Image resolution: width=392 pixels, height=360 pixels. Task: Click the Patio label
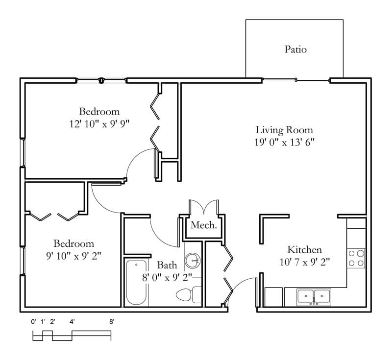pyautogui.click(x=295, y=49)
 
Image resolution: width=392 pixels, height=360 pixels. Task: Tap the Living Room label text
pyautogui.click(x=284, y=130)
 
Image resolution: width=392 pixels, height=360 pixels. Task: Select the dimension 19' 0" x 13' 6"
pyautogui.click(x=284, y=143)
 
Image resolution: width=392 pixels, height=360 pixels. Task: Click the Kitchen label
pyautogui.click(x=304, y=249)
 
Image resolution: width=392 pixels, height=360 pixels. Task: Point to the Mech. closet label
pyautogui.click(x=203, y=225)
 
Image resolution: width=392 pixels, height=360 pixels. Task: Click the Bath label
pyautogui.click(x=167, y=265)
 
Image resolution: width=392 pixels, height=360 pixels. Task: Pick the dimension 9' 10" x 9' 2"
pyautogui.click(x=74, y=256)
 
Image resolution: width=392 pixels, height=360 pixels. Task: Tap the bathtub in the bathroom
pyautogui.click(x=136, y=283)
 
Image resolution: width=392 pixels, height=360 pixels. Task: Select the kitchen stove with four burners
pyautogui.click(x=356, y=258)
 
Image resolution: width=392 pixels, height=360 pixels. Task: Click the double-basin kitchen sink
pyautogui.click(x=314, y=296)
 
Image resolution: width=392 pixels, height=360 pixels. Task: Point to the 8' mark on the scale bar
pyautogui.click(x=112, y=322)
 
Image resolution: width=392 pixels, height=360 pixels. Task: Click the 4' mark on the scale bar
pyautogui.click(x=72, y=322)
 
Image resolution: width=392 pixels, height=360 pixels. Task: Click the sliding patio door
pyautogui.click(x=296, y=80)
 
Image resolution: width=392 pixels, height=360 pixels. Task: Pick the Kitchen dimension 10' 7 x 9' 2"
pyautogui.click(x=304, y=262)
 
